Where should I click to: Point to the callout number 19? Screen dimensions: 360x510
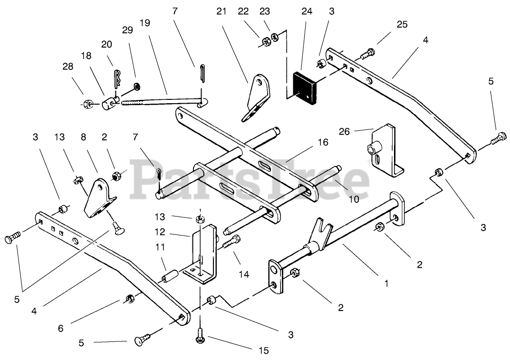click(145, 23)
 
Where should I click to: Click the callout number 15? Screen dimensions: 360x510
click(264, 350)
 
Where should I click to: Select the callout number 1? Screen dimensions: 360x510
click(386, 284)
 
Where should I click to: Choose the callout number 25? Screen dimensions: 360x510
click(402, 25)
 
